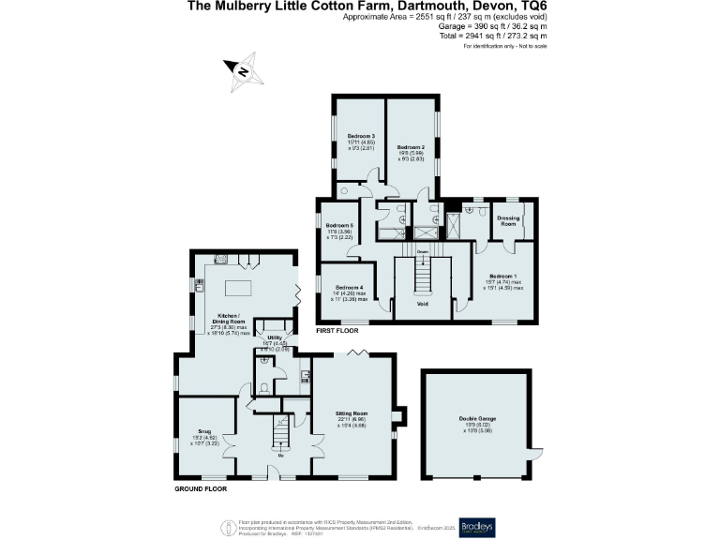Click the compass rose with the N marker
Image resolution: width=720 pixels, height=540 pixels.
(240, 70)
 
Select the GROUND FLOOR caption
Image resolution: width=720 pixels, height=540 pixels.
(200, 488)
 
